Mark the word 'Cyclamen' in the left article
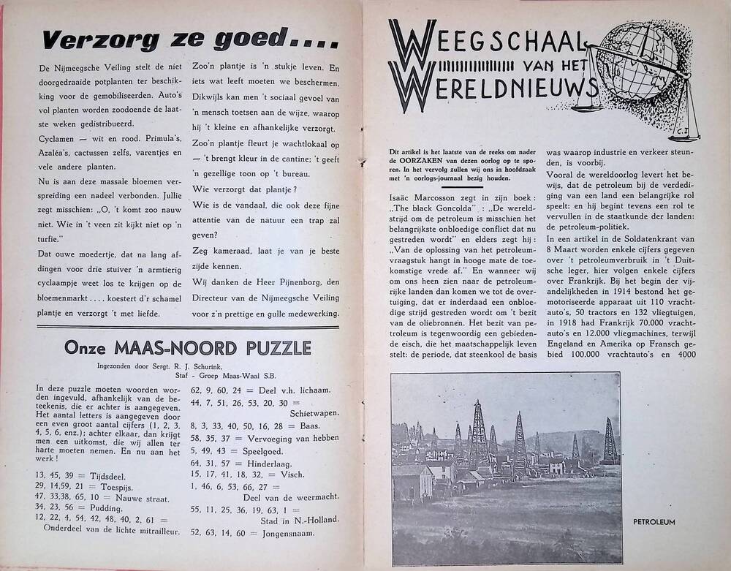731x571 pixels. click(x=58, y=140)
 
